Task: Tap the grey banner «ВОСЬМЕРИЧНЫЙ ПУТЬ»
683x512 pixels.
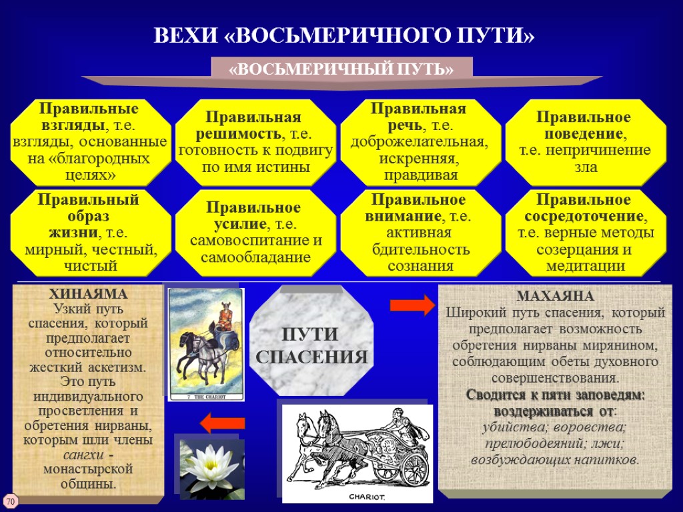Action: click(341, 69)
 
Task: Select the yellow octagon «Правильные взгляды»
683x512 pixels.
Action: click(89, 141)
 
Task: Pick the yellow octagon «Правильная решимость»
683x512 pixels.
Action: click(255, 141)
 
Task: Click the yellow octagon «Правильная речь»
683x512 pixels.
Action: click(420, 141)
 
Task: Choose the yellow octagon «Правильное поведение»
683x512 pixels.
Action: click(585, 141)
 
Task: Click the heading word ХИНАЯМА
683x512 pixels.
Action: click(88, 294)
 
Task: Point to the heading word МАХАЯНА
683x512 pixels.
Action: click(555, 297)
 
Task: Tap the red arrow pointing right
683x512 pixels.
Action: click(412, 305)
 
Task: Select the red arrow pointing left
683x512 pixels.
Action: click(223, 423)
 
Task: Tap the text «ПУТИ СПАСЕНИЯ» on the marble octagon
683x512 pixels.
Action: click(312, 345)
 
